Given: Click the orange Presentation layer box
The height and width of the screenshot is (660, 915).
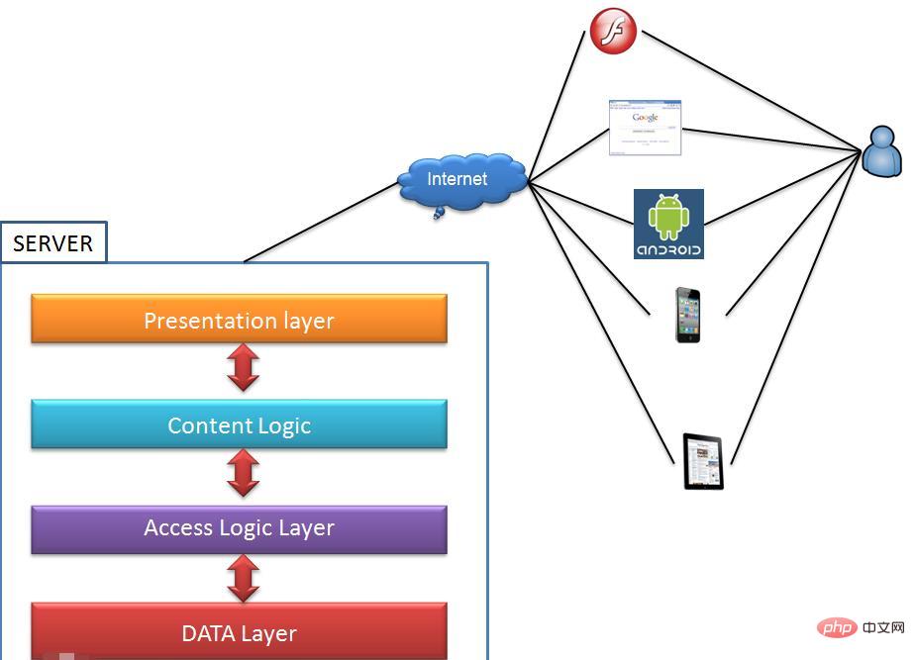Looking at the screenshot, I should click(239, 319).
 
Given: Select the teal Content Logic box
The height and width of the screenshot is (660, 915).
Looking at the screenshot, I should click(239, 424).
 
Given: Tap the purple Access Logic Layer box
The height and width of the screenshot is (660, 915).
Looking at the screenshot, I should click(239, 528).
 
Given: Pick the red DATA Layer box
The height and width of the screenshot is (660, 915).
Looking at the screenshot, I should click(239, 631).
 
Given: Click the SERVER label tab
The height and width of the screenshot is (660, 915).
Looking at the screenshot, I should click(53, 243).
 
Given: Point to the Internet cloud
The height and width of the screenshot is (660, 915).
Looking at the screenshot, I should click(459, 180).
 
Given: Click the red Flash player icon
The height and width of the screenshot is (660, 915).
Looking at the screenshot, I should click(613, 31).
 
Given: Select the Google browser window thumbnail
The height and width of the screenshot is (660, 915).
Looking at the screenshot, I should click(646, 127).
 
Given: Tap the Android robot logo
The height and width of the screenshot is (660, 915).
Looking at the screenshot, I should click(668, 224).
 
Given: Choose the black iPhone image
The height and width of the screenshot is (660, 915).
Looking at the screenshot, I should click(687, 315).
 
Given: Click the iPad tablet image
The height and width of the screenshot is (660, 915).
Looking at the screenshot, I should click(704, 461).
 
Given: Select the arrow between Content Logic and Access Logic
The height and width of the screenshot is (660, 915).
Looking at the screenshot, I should click(243, 474).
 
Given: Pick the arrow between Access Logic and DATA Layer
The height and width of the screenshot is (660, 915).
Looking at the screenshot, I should click(243, 579).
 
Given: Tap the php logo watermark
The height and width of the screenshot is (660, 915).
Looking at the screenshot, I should click(837, 627).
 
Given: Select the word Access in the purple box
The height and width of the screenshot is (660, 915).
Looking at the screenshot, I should click(178, 528).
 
